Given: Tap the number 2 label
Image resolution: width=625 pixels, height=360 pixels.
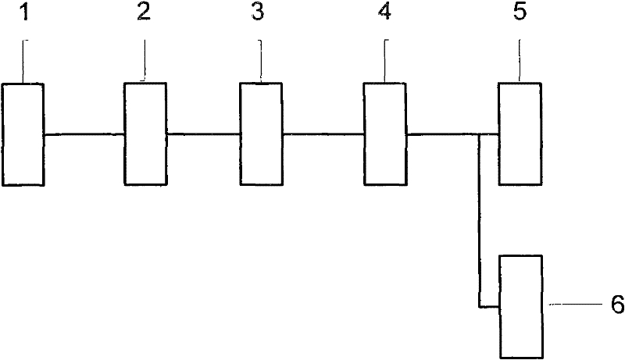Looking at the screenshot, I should tap(144, 13).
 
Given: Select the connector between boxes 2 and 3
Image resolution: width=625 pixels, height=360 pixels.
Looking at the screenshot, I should tap(202, 134).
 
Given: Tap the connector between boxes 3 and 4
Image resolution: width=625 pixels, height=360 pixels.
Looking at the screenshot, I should tap(323, 134).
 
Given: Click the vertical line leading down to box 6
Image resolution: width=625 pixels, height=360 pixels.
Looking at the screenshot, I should tap(478, 219).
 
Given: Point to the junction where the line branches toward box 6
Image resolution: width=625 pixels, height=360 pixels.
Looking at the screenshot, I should tap(478, 134).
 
